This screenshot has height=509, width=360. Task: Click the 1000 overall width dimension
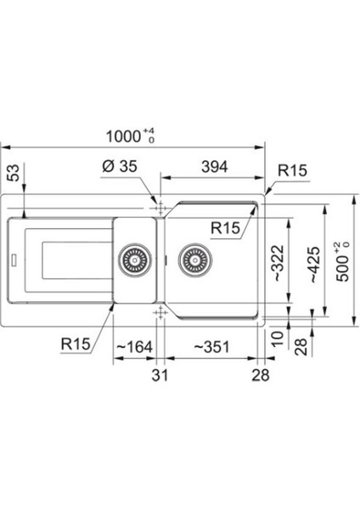click(x=130, y=136)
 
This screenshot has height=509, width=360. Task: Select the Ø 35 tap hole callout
click(x=120, y=166)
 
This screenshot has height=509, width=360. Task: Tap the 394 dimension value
click(x=215, y=167)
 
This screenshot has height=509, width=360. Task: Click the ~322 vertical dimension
click(x=278, y=263)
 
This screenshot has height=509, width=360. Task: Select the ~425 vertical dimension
click(x=313, y=265)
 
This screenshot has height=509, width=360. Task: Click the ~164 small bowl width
click(x=134, y=347)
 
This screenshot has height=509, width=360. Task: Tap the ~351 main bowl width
click(x=212, y=347)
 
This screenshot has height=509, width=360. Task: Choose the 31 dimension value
click(x=160, y=375)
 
